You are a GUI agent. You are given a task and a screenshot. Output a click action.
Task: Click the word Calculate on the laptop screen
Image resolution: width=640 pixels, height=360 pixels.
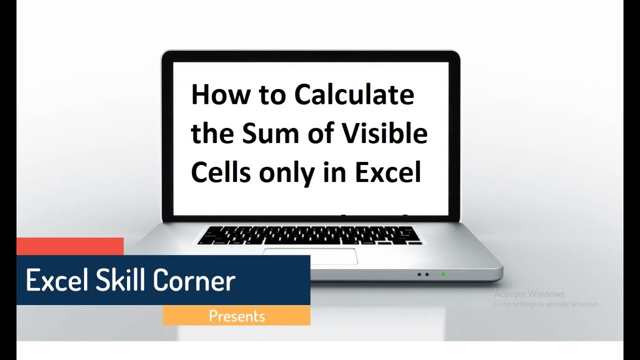coord(354,94)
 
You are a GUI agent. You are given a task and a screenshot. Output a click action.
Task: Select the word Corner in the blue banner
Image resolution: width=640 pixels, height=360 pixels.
coord(194,280)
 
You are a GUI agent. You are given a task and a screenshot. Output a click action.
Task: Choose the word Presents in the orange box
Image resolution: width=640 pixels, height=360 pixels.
coord(237,316)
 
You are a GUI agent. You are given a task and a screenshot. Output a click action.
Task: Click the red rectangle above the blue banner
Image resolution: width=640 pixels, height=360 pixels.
coord(70,246)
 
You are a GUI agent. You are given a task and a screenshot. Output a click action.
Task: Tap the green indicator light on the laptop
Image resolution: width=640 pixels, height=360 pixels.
coord(443,274)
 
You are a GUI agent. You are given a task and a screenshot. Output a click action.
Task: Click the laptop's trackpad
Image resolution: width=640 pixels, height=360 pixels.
coord(310,256)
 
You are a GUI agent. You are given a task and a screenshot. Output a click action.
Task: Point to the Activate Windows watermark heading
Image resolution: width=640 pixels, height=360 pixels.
coord(529,293)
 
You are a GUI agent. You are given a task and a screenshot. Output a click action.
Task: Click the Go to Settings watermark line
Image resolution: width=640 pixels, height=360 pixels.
coord(547,304)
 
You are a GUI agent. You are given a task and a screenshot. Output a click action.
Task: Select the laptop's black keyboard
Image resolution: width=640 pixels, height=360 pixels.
coord(309,235)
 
